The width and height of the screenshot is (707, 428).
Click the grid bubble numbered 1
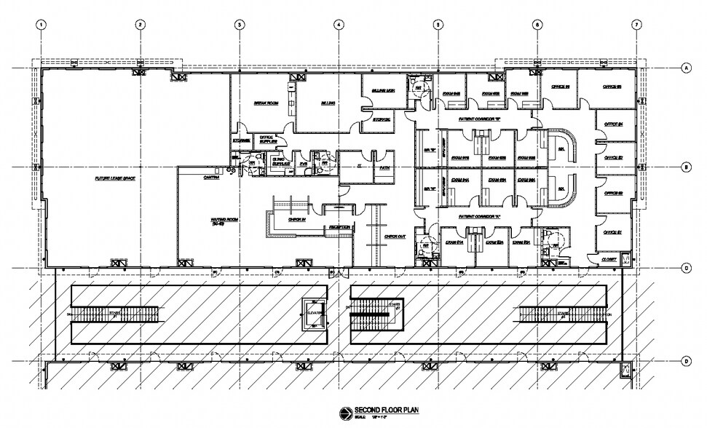tap(42, 24)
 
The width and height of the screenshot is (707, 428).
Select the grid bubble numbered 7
tap(636, 24)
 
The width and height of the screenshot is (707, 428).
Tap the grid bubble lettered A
tap(685, 68)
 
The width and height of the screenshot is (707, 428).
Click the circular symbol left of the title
tap(343, 413)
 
